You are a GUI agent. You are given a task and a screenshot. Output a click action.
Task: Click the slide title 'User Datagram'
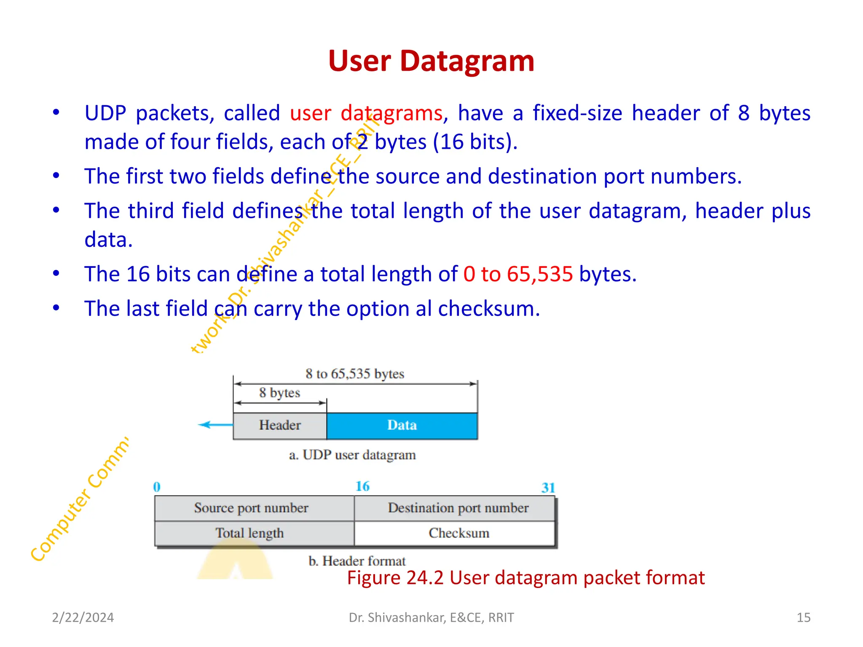click(431, 61)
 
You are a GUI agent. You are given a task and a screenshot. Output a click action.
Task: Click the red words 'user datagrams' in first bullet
click(366, 113)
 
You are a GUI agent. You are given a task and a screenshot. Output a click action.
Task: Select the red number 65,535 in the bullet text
click(540, 274)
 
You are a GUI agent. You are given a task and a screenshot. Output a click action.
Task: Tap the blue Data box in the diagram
click(402, 425)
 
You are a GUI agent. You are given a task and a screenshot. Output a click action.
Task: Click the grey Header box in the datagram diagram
click(280, 425)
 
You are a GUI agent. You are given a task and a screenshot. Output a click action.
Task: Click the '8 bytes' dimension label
click(279, 393)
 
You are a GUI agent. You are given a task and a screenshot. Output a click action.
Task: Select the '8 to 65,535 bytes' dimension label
click(355, 374)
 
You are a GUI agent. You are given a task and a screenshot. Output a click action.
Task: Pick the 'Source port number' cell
click(251, 508)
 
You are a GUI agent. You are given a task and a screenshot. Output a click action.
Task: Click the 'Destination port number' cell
click(458, 508)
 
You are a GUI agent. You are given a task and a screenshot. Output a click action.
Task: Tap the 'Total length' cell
click(249, 533)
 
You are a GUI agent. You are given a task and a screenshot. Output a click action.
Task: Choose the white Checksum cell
click(458, 533)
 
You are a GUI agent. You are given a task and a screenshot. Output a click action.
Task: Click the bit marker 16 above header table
click(362, 487)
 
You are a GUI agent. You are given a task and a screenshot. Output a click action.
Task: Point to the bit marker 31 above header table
click(548, 488)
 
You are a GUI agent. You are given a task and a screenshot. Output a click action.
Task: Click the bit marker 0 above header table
click(157, 487)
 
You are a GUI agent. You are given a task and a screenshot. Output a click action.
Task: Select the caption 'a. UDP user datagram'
click(352, 455)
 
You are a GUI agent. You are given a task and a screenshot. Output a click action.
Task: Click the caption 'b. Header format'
click(356, 561)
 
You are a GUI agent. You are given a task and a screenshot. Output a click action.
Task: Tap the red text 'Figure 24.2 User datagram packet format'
click(525, 578)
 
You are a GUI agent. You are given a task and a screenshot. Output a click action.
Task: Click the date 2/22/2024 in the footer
click(83, 618)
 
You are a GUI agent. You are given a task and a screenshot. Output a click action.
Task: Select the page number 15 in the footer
click(803, 618)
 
